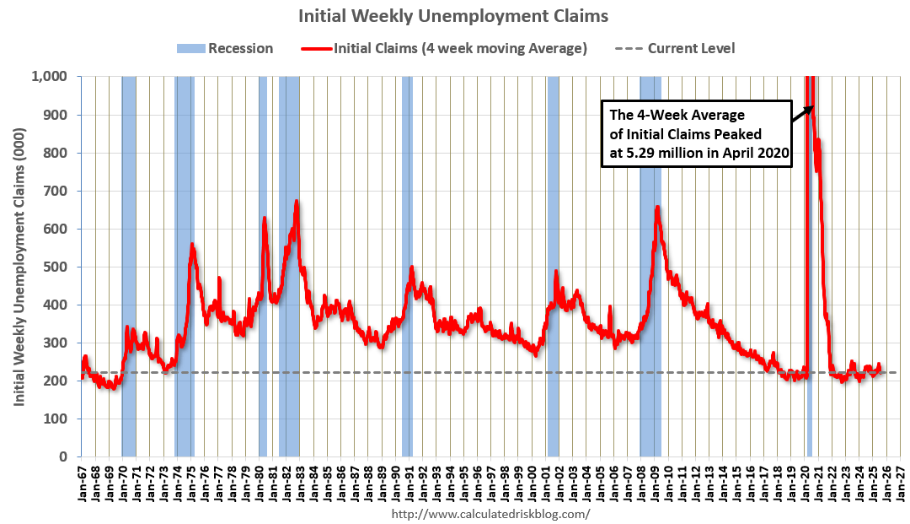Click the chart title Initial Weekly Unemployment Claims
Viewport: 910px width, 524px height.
tap(454, 16)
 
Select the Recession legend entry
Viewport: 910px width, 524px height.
tap(225, 48)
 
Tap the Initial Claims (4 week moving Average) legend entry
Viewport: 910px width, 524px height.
tap(444, 48)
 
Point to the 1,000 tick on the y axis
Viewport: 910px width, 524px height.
tap(54, 77)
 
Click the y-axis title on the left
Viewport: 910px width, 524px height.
tap(19, 267)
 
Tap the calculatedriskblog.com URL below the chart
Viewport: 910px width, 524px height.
tap(491, 512)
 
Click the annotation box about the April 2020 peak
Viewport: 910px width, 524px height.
tap(696, 133)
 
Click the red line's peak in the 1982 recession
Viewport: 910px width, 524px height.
tap(297, 201)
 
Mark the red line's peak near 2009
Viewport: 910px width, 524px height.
tap(657, 207)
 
